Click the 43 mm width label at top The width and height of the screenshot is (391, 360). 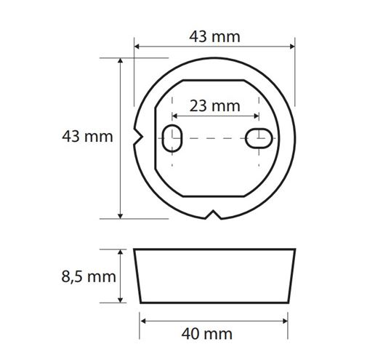214,36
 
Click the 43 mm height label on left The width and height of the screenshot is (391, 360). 87,137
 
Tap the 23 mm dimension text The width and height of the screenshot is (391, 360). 214,105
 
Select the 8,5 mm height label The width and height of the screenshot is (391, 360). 89,276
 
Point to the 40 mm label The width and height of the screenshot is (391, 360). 207,334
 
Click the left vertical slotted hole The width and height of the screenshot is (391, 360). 172,138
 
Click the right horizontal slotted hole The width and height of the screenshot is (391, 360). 259,138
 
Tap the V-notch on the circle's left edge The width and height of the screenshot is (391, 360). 138,137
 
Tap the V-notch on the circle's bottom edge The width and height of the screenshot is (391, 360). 213,215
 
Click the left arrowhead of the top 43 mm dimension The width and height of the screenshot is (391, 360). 137,47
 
